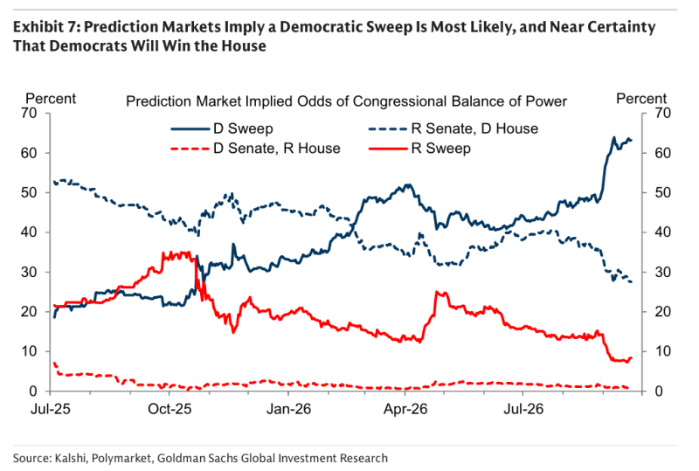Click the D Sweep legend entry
[222, 129]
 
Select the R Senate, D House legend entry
[453, 129]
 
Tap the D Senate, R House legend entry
[255, 149]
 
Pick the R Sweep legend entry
[419, 149]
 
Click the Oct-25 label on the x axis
[170, 409]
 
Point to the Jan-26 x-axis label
[288, 409]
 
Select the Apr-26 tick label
[405, 409]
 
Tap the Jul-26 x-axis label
[523, 409]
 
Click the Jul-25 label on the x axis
[51, 409]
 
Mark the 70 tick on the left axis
[29, 114]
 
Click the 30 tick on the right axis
[662, 272]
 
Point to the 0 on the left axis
[33, 391]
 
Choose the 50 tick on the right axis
[662, 192]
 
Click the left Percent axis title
[51, 99]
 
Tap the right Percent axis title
[641, 99]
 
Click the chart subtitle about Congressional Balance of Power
[346, 101]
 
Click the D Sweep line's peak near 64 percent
[614, 137]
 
